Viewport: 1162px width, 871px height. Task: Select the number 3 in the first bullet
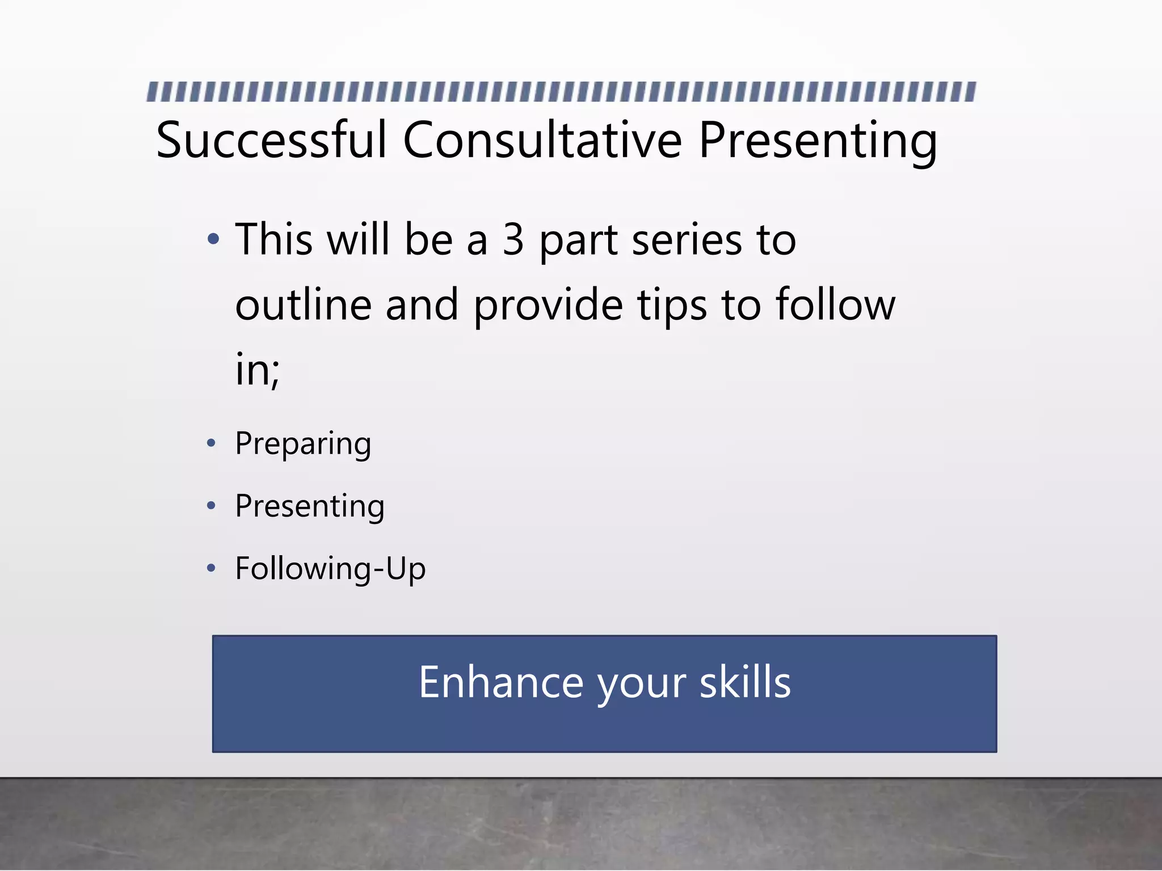click(x=513, y=239)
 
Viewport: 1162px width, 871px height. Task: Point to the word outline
click(x=303, y=305)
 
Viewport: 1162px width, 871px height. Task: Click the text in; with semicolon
click(x=257, y=370)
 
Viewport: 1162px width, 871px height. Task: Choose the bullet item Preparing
click(x=303, y=444)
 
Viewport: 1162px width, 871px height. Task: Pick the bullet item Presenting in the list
click(x=310, y=506)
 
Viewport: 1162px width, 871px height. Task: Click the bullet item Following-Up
click(x=330, y=569)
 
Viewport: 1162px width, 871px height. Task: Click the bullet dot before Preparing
click(x=211, y=443)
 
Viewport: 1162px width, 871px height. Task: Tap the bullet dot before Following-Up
click(x=211, y=568)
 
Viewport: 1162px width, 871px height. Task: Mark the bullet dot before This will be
click(x=213, y=239)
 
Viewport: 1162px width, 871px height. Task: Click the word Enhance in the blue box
click(x=500, y=682)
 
